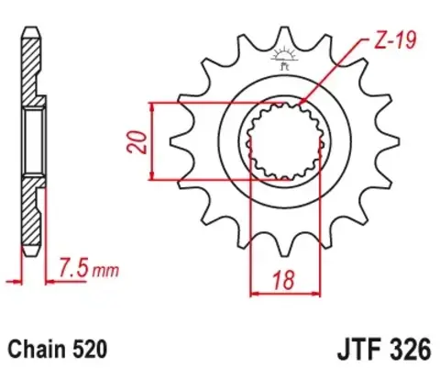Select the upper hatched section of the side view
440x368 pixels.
31,64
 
